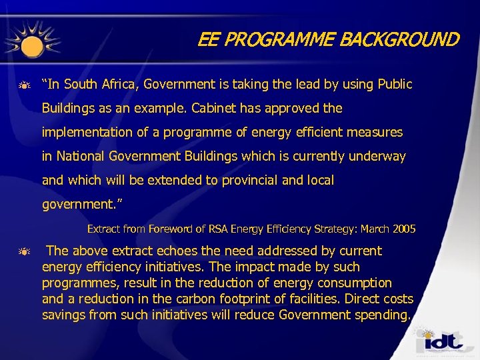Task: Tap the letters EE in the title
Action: tap(209, 40)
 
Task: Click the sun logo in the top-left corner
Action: tap(30, 41)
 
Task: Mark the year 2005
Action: tap(404, 229)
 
